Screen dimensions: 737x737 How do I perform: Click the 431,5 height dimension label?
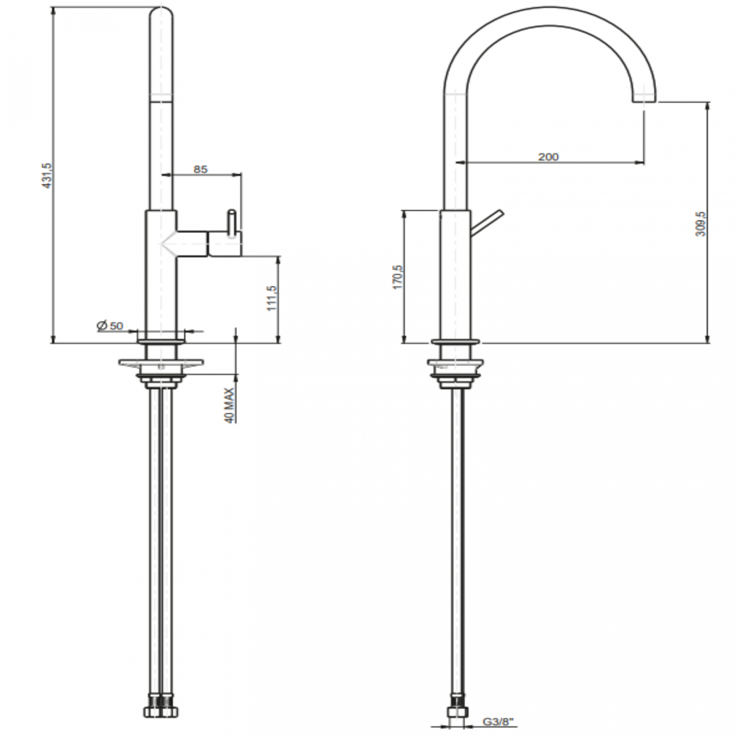click(48, 176)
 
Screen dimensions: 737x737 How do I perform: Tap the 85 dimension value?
click(201, 169)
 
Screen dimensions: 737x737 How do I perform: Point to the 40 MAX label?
click(229, 405)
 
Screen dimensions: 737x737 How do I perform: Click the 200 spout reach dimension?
click(548, 157)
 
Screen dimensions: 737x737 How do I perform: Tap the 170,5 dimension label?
click(397, 277)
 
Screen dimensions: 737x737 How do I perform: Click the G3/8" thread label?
click(498, 722)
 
